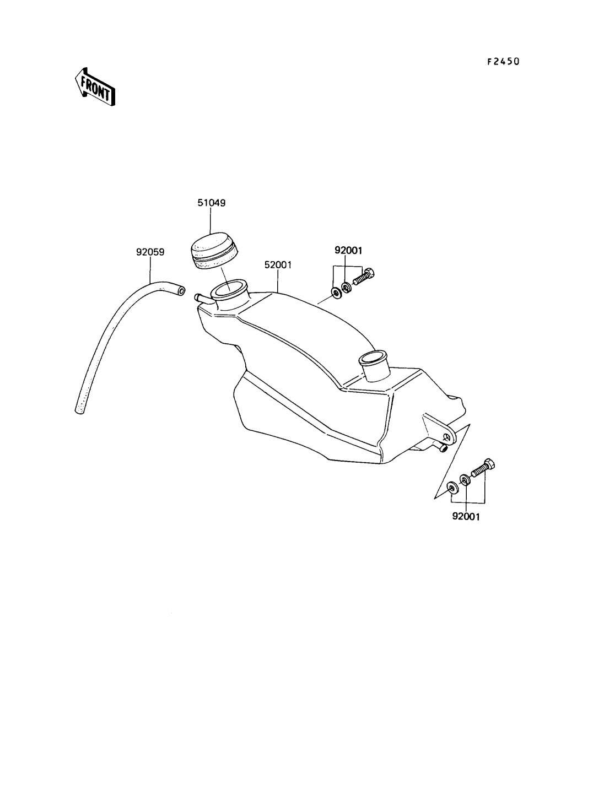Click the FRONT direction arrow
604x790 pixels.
click(95, 86)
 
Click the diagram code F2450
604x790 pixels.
click(503, 62)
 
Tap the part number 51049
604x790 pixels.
click(212, 203)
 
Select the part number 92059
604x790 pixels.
click(150, 252)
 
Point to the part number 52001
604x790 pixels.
click(278, 265)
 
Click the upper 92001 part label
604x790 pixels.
click(348, 250)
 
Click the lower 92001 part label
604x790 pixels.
click(466, 517)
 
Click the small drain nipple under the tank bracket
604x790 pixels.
click(443, 448)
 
